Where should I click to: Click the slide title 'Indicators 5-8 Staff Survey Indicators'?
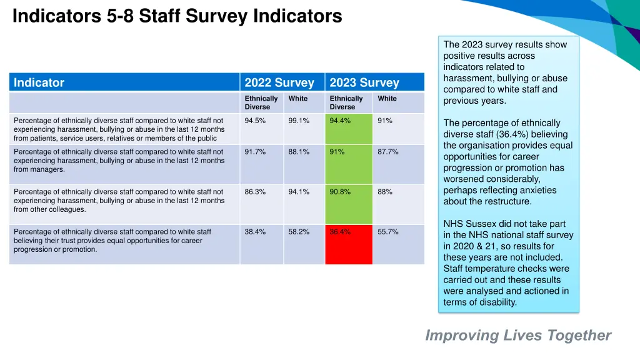click(x=177, y=16)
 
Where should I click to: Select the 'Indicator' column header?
click(x=39, y=82)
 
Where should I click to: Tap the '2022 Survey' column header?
click(x=279, y=82)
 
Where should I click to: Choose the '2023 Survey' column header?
click(x=364, y=82)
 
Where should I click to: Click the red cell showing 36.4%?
click(x=348, y=244)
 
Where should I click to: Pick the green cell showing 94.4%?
click(x=348, y=129)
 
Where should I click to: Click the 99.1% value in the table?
click(x=299, y=121)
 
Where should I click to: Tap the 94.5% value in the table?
click(x=255, y=121)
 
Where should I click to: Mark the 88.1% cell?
click(x=299, y=152)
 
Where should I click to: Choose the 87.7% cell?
click(x=387, y=152)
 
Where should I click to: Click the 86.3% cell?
click(x=255, y=192)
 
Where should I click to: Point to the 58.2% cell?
click(x=299, y=232)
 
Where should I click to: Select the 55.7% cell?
click(x=387, y=232)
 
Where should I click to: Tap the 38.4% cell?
click(x=255, y=232)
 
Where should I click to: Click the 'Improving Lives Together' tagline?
click(x=518, y=336)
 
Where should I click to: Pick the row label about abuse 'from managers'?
click(x=119, y=161)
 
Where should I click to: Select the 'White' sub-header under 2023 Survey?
click(x=387, y=99)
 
